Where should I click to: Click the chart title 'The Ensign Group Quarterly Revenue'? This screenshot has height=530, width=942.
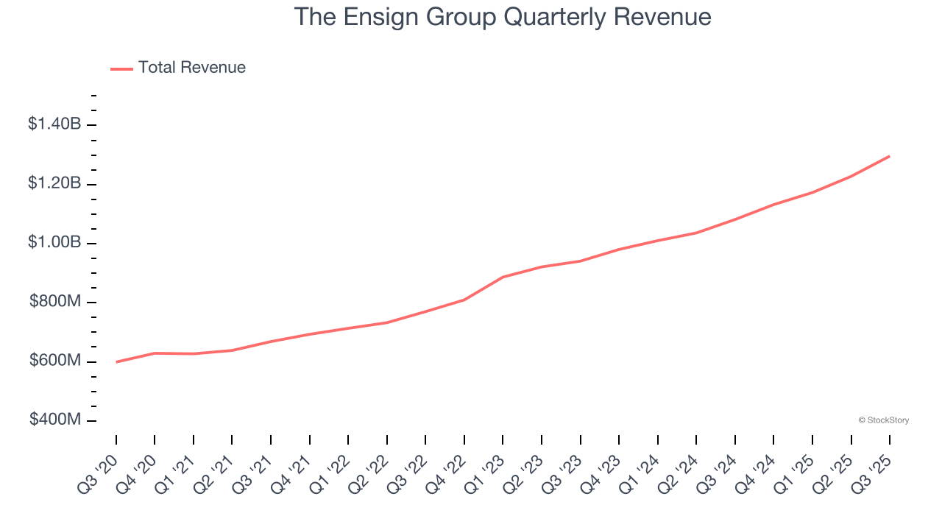503,17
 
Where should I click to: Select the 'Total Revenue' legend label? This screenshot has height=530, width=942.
191,68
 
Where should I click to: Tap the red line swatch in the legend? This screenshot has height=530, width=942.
121,68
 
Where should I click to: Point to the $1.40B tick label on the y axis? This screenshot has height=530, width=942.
54,124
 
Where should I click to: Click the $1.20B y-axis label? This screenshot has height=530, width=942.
54,183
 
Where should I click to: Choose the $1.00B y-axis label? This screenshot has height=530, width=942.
54,242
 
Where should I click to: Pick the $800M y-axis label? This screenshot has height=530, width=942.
55,302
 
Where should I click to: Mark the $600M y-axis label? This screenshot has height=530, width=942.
55,361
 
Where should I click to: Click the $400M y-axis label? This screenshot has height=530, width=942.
55,420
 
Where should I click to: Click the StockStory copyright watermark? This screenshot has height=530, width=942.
883,420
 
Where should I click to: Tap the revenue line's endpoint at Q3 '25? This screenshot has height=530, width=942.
890,156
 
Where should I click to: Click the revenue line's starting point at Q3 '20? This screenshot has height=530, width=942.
116,362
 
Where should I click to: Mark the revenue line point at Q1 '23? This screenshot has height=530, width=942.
503,277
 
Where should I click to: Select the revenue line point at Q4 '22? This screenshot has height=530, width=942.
464,300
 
